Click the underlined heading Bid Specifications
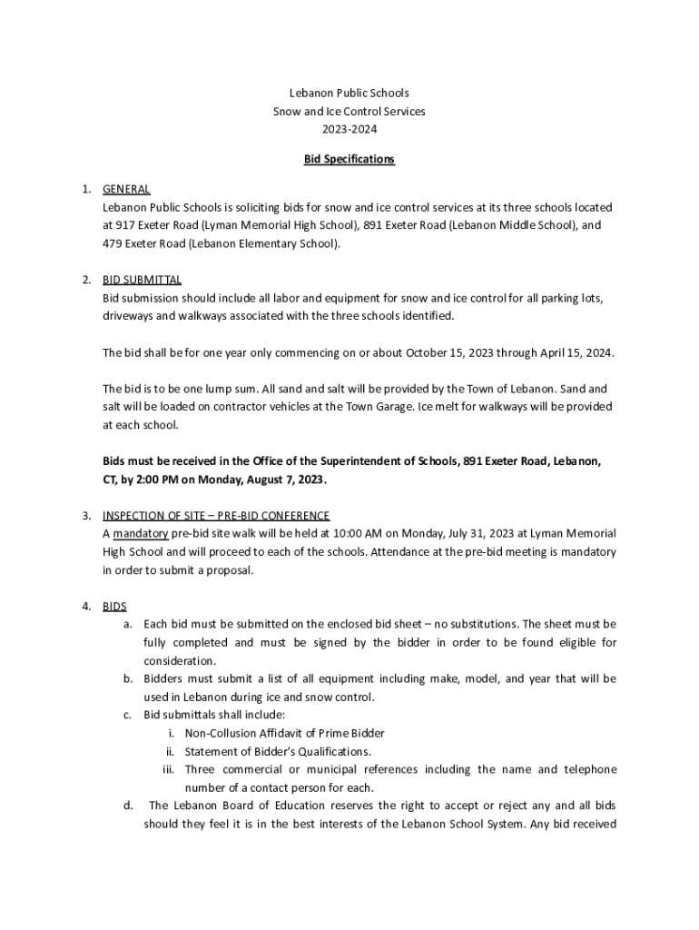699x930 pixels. pyautogui.click(x=349, y=159)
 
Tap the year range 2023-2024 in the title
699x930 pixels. pyautogui.click(x=349, y=129)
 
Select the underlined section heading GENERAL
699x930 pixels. pyautogui.click(x=126, y=189)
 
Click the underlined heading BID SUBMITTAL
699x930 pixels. pyautogui.click(x=142, y=279)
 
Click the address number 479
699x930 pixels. pyautogui.click(x=113, y=243)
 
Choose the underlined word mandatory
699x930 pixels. pyautogui.click(x=141, y=533)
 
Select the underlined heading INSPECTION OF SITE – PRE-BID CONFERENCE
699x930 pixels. pyautogui.click(x=216, y=516)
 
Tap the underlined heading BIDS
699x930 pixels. pyautogui.click(x=114, y=606)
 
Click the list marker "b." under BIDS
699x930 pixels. pyautogui.click(x=128, y=678)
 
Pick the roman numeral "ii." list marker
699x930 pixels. pyautogui.click(x=169, y=751)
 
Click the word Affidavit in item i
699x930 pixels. pyautogui.click(x=279, y=733)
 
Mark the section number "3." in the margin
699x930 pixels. pyautogui.click(x=85, y=516)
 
